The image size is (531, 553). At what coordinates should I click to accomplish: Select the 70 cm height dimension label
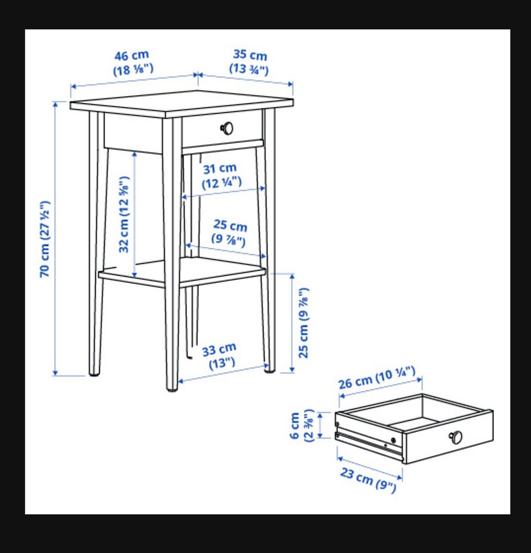pos(45,239)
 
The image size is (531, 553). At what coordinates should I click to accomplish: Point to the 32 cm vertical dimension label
pos(124,215)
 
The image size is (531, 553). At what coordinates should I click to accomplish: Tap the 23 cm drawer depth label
pos(368,479)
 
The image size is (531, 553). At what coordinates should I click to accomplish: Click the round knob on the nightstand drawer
pos(227,128)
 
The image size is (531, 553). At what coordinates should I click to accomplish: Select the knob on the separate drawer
pos(455,437)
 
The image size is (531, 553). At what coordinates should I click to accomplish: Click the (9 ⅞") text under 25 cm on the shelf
pos(228,240)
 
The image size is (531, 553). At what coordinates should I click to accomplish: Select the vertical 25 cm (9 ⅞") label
pos(304,323)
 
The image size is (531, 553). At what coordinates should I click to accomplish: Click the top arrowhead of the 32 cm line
pos(134,154)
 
